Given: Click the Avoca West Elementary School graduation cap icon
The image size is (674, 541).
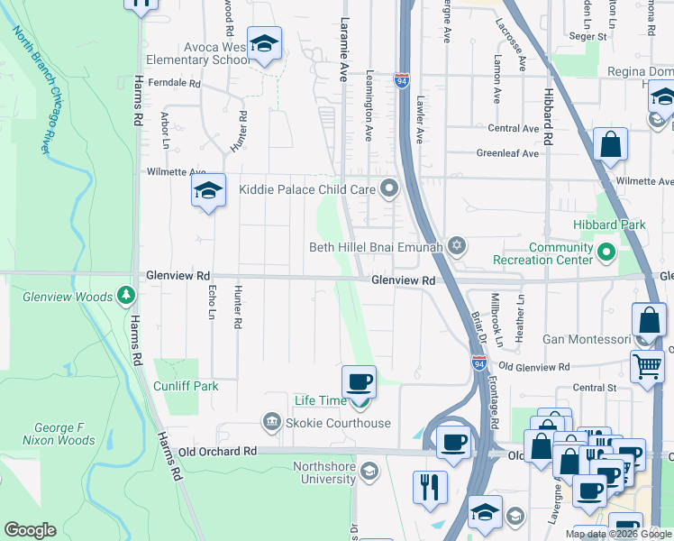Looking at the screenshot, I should click(265, 44).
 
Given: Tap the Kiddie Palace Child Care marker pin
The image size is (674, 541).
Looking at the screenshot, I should click(389, 188).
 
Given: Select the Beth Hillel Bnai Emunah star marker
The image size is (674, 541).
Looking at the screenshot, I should click(457, 245).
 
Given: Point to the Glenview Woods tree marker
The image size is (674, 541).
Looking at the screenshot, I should click(126, 296).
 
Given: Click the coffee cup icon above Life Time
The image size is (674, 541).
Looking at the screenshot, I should click(359, 382).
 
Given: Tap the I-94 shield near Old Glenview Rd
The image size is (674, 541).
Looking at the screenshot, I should click(479, 362).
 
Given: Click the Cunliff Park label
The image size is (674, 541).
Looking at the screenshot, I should click(187, 386).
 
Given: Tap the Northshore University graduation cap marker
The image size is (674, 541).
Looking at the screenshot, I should click(369, 471).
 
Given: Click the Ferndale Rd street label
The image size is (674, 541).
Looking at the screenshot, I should click(177, 83).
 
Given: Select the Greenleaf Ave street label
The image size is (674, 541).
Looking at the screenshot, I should click(507, 153).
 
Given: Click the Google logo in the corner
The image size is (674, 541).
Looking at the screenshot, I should click(30, 530).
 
